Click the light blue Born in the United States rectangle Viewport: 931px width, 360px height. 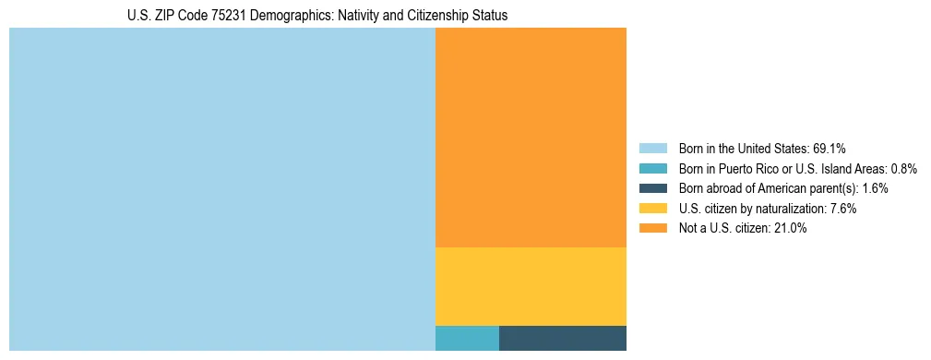[221, 189]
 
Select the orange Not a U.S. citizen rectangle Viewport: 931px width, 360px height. [531, 138]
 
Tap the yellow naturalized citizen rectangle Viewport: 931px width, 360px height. [531, 286]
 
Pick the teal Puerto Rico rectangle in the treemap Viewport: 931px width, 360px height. [467, 338]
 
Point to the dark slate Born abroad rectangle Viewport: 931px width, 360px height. [563, 338]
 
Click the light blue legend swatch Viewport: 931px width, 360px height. [652, 148]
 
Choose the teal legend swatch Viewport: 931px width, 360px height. [652, 168]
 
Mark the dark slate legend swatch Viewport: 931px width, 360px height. [652, 188]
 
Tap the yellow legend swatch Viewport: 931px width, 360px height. [652, 209]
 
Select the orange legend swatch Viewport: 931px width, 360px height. [652, 229]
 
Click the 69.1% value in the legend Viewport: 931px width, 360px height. [830, 148]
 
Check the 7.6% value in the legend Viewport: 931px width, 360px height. [842, 209]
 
